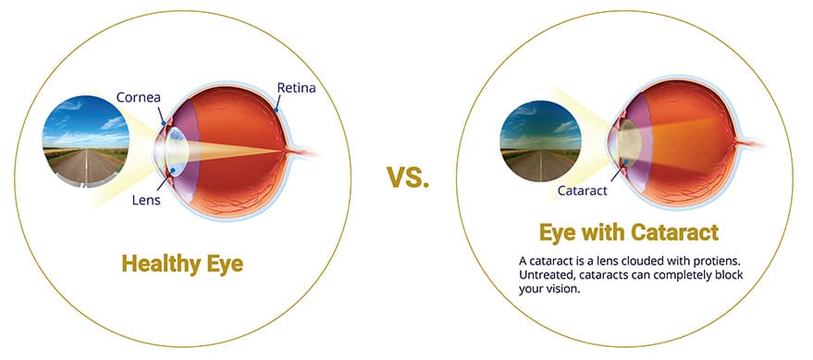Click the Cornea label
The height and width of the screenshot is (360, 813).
tap(138, 97)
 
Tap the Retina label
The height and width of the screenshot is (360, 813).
tap(296, 88)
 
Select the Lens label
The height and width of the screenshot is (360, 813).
tap(146, 200)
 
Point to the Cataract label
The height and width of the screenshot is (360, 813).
tap(583, 191)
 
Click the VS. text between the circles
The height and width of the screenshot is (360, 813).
tap(408, 178)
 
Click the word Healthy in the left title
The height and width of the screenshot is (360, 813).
tap(161, 264)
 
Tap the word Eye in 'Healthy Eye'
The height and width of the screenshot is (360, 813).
tap(225, 265)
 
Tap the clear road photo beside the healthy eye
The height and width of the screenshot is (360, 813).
tap(85, 141)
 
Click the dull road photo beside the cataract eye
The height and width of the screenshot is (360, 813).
tap(540, 141)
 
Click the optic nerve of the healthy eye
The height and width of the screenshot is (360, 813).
tap(304, 151)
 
